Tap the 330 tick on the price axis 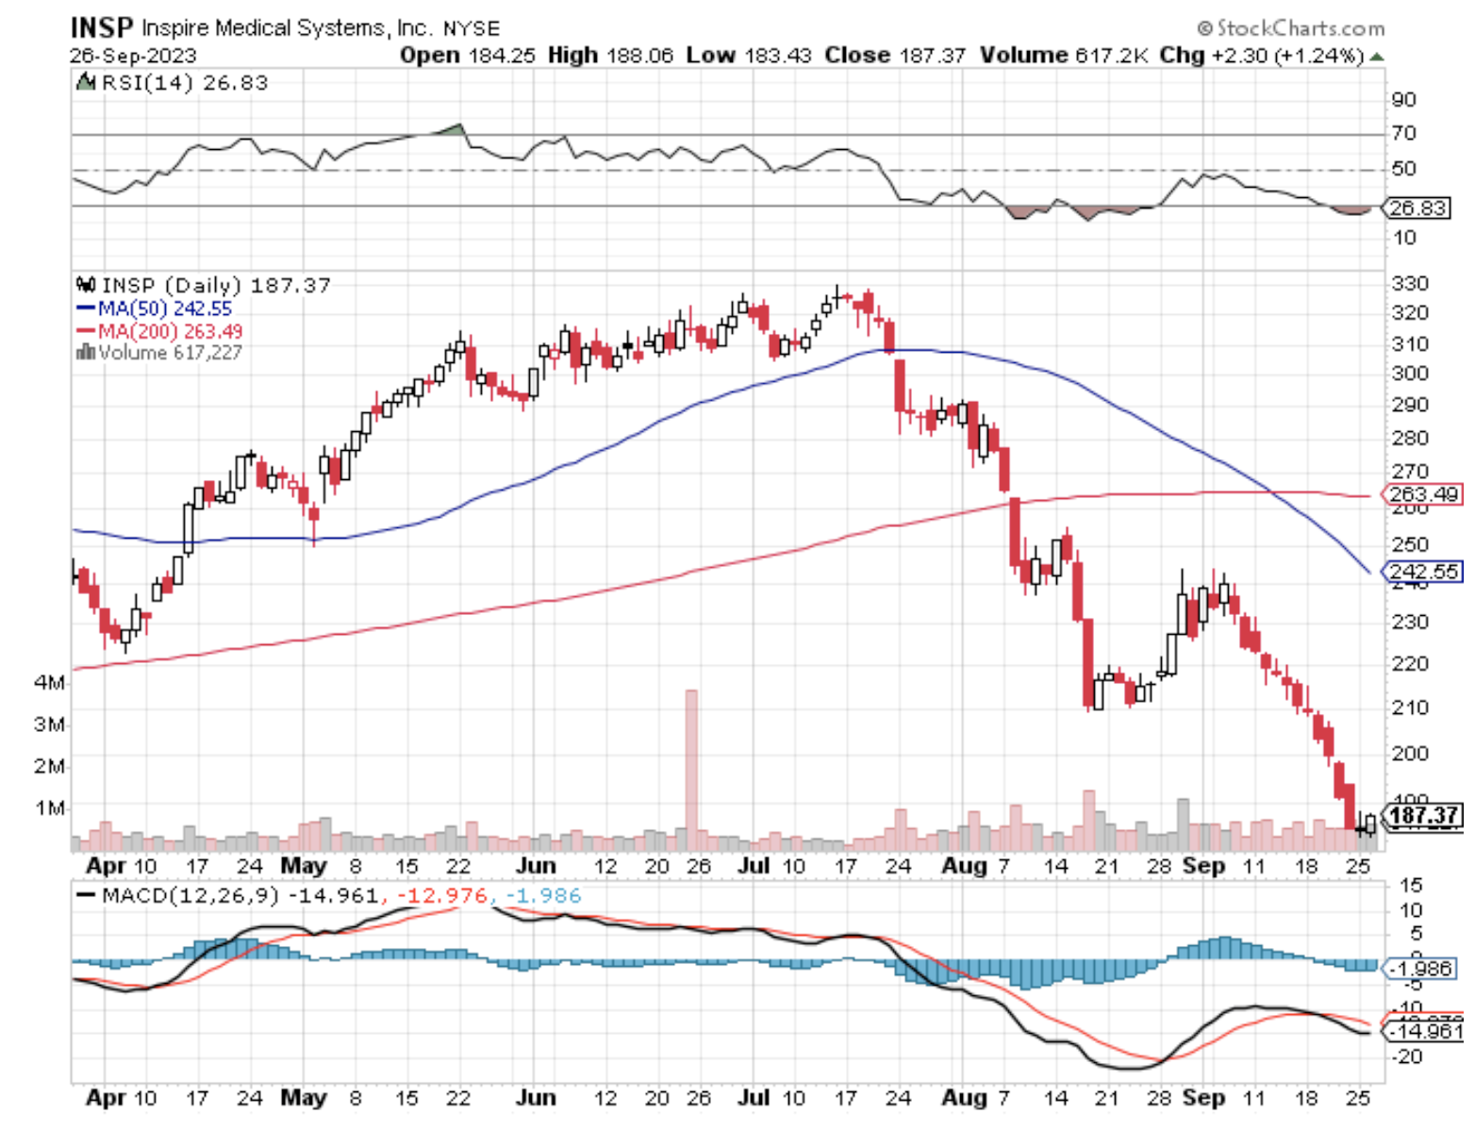tap(1410, 283)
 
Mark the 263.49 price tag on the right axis tap(1423, 494)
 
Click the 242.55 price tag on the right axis tap(1423, 572)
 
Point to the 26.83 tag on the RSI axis tap(1417, 208)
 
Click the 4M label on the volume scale tap(49, 682)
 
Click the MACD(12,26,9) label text tap(190, 895)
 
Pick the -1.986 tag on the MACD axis tap(1420, 969)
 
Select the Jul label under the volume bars tap(753, 865)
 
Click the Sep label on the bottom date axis tap(1203, 1098)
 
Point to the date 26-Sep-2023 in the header tap(133, 56)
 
